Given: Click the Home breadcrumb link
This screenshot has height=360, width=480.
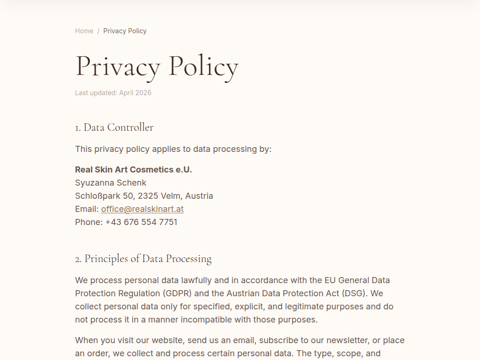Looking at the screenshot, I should pos(84,31).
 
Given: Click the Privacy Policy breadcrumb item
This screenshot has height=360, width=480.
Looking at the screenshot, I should pos(125,31).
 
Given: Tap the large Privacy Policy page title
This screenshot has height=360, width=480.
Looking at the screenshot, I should pos(157,66).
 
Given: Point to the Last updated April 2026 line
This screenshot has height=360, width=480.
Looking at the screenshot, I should pos(113,93).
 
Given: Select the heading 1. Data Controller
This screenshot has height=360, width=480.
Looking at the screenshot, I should pos(114,127).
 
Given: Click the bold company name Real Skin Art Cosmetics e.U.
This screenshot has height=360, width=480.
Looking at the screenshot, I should pos(133,170).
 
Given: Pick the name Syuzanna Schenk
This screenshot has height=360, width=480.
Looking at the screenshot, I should pos(111,183).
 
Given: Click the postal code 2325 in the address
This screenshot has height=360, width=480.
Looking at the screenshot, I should pos(148,196).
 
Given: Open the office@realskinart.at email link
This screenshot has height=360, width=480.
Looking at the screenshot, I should pos(142,209).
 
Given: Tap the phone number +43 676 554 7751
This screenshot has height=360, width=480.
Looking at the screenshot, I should pos(141,222).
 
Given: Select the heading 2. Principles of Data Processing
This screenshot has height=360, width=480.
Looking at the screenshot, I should pos(143,259).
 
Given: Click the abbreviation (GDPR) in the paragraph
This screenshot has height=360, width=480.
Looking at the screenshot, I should pos(177,293).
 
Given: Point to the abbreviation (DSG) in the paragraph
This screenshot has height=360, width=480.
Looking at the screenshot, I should pos(358,293).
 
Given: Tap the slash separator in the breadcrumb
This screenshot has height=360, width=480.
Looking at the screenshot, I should pos(98,31).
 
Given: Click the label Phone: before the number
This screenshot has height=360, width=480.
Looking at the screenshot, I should pos(89,222).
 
